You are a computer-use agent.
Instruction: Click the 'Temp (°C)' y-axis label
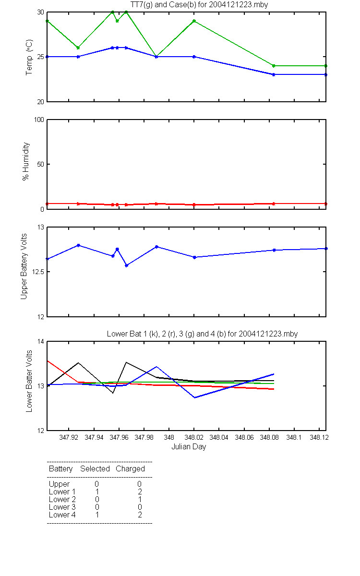tap(29, 57)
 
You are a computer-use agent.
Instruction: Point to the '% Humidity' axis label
tap(26, 161)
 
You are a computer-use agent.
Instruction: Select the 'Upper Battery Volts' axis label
tap(24, 266)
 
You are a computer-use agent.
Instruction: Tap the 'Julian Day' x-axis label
tap(189, 447)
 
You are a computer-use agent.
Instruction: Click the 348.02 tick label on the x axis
tap(194, 437)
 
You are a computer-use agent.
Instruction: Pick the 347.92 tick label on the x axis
tap(69, 437)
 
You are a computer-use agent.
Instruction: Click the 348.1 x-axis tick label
tap(294, 437)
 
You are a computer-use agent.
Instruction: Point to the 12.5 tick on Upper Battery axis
tap(38, 272)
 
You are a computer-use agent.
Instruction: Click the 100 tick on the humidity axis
tap(39, 120)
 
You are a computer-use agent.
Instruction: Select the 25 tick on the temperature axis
tap(40, 57)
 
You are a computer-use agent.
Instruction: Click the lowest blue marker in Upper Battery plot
tap(127, 265)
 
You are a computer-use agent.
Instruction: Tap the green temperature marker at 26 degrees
tap(78, 48)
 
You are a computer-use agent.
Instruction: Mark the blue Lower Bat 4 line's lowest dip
tap(195, 397)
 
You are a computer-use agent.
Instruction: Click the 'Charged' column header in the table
tap(130, 469)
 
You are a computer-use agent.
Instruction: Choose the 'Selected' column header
tap(95, 469)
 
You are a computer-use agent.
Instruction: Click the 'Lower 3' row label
tap(62, 507)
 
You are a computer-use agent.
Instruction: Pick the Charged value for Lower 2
tap(140, 499)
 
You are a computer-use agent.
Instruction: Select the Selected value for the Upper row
tap(96, 484)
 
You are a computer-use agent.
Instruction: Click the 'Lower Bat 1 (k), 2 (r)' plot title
tap(145, 334)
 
